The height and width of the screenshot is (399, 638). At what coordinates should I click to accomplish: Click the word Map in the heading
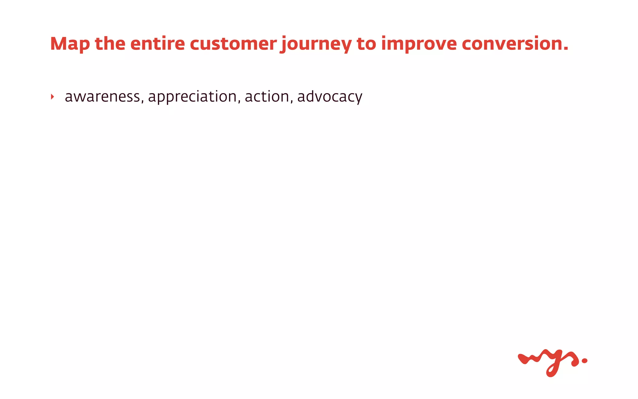coord(70,44)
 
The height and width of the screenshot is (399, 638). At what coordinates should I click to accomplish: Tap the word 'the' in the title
coord(110,43)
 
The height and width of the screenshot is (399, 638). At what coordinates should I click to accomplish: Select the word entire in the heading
coord(157,43)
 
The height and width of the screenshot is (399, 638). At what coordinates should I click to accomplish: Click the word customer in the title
coord(233,43)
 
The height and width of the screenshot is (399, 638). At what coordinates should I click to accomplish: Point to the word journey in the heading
coord(316,44)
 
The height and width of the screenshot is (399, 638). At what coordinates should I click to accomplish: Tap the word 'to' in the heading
coord(366,43)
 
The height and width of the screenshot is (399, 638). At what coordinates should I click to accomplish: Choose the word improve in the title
coord(419,44)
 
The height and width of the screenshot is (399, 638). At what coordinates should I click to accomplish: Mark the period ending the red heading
coord(566,49)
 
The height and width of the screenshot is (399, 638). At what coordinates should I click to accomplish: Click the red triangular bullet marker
coord(52,97)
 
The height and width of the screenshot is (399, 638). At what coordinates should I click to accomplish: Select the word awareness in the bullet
coord(102,97)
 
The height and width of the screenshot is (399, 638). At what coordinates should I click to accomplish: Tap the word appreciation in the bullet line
coord(193,97)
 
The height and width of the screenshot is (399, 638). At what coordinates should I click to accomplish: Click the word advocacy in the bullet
coord(330,97)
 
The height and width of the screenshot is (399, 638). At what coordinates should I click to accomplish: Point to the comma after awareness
coord(142,102)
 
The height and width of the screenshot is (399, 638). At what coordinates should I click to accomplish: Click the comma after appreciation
coord(239,102)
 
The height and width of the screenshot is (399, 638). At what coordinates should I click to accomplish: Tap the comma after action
coord(292,102)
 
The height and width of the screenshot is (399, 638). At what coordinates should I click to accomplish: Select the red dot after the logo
coord(584,361)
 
